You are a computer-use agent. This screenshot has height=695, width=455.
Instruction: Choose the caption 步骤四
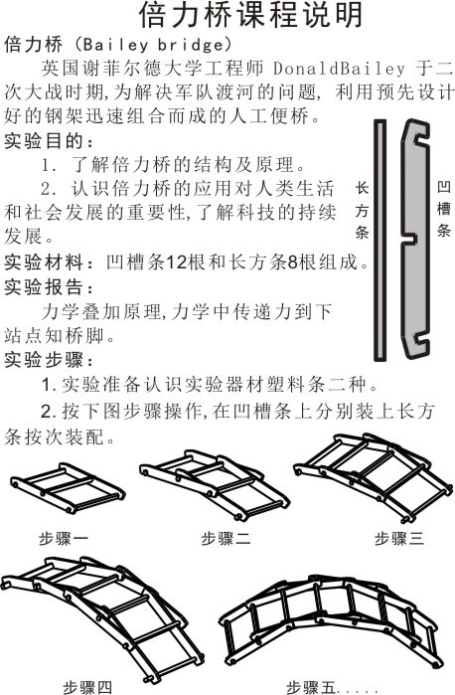tap(90, 685)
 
